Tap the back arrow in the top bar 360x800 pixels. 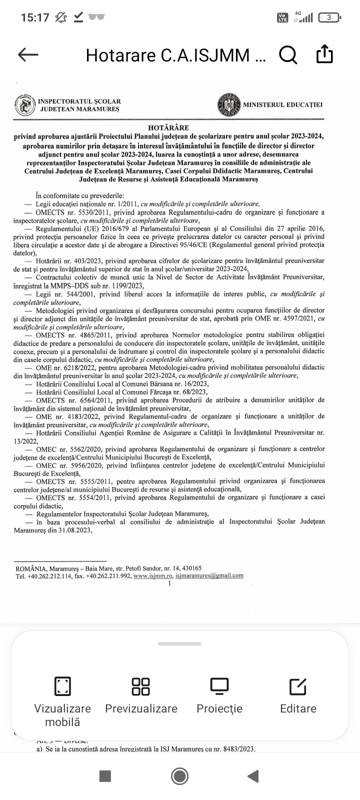(x=28, y=54)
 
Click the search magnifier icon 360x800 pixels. (x=288, y=54)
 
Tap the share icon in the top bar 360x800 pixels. (x=324, y=54)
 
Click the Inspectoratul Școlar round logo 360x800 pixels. (x=25, y=105)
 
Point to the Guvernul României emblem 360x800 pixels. (x=228, y=105)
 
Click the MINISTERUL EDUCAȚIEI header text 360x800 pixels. (x=282, y=105)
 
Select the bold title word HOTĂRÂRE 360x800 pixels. (x=168, y=128)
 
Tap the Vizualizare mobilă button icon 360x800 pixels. (x=62, y=686)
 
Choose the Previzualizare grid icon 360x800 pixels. (x=141, y=686)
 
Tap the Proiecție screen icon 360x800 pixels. (x=219, y=686)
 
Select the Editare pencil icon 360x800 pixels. (x=298, y=686)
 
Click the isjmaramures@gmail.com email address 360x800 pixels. (x=209, y=575)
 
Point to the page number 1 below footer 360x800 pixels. (x=170, y=583)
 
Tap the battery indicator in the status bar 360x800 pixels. (x=329, y=17)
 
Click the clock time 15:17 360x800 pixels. (x=35, y=17)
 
